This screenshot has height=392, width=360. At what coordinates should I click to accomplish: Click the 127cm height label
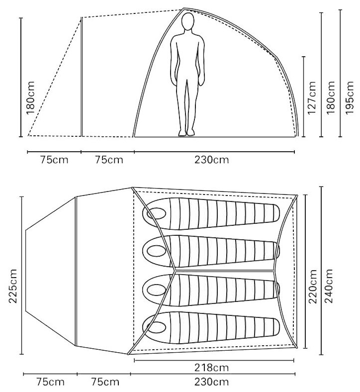tap(312, 98)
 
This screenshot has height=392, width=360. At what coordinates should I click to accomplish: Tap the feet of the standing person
tap(187, 133)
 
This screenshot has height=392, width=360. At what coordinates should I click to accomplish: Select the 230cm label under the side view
tap(214, 160)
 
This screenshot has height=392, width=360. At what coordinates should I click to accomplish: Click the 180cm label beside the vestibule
tap(31, 101)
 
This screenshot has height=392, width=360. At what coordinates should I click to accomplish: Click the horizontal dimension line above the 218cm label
tap(214, 360)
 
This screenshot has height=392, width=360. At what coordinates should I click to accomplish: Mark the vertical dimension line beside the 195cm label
tap(340, 75)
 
